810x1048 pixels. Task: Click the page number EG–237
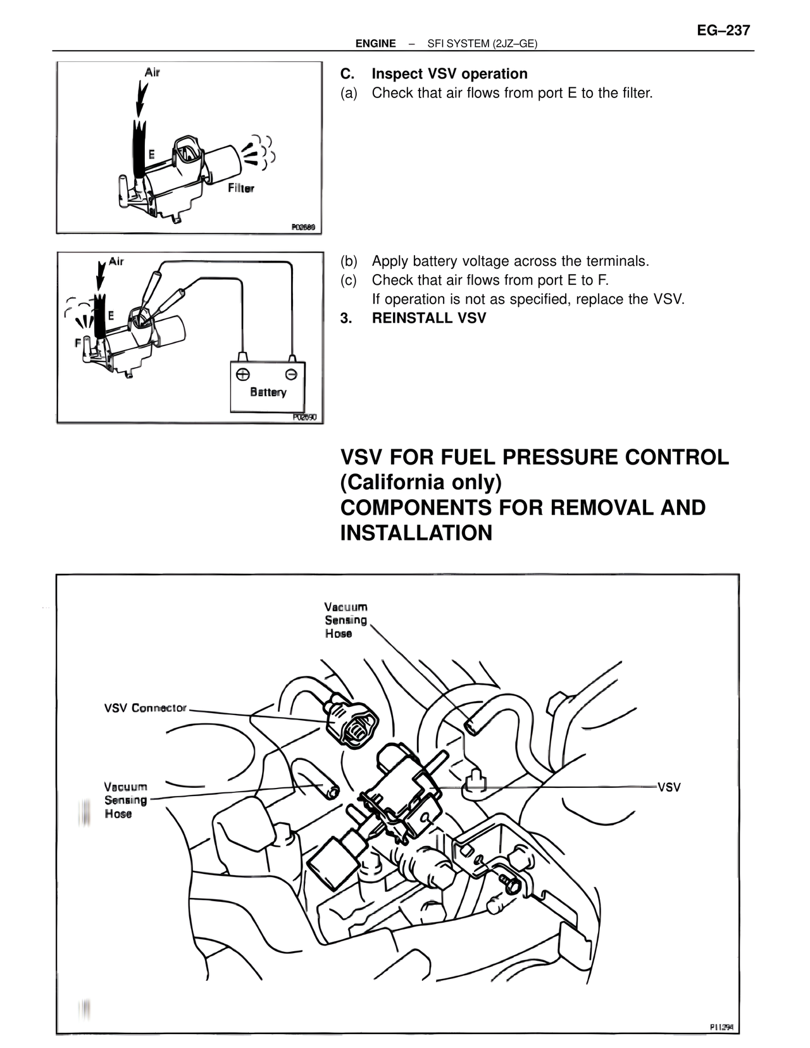coord(723,30)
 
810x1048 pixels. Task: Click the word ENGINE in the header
coord(375,44)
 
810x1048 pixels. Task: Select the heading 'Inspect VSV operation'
coord(449,74)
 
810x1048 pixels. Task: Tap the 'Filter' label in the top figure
coord(240,188)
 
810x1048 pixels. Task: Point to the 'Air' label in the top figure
coord(152,72)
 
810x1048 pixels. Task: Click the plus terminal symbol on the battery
coord(242,373)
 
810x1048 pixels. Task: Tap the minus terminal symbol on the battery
coord(290,373)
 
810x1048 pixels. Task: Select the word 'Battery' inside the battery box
coord(268,392)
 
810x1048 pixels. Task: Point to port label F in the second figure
coord(77,342)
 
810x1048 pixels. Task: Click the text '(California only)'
coord(421,482)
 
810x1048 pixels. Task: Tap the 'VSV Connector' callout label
coord(146,708)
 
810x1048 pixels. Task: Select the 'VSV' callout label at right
coord(669,787)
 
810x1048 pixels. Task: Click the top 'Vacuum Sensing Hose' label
coord(346,620)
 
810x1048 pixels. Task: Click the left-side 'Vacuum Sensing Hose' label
coord(126,800)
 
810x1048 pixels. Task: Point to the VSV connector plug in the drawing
coord(352,725)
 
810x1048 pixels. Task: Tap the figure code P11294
coord(721,1028)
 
